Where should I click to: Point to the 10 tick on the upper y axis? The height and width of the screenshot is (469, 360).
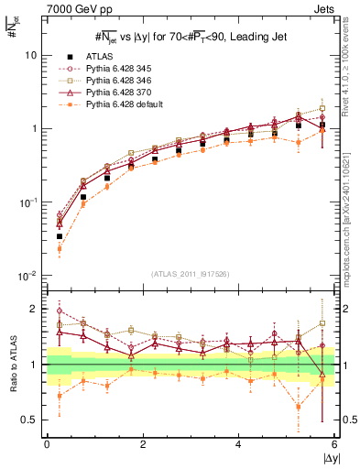point(30,55)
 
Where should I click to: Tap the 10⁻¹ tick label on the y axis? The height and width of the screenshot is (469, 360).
point(28,202)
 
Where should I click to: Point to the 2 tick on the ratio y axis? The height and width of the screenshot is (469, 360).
point(34,309)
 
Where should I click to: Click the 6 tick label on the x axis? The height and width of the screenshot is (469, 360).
point(334,444)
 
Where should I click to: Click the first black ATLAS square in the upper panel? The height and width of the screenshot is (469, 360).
point(60,236)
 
